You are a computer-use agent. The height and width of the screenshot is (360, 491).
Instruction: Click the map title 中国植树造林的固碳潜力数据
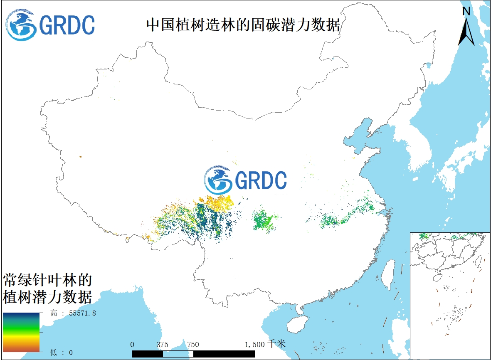click(x=243, y=25)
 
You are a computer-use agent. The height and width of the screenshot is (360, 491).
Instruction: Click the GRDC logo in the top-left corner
click(x=50, y=25)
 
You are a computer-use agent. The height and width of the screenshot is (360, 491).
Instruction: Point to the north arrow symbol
click(x=466, y=31)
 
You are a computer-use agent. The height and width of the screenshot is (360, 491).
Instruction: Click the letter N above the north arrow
click(x=466, y=11)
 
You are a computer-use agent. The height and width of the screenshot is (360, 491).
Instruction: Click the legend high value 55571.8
click(x=79, y=313)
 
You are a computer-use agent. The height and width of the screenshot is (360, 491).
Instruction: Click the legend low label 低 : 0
click(x=61, y=353)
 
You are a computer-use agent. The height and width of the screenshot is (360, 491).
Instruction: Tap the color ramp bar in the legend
click(x=21, y=333)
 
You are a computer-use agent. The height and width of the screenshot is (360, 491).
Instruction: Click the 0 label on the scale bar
click(x=132, y=344)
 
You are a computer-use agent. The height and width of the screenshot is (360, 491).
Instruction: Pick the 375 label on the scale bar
click(x=163, y=344)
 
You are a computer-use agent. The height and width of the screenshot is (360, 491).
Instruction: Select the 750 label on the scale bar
click(x=193, y=344)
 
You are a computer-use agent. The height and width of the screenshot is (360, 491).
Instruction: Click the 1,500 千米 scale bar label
click(x=264, y=344)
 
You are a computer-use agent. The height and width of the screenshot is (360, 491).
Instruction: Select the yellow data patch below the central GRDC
click(x=218, y=202)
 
